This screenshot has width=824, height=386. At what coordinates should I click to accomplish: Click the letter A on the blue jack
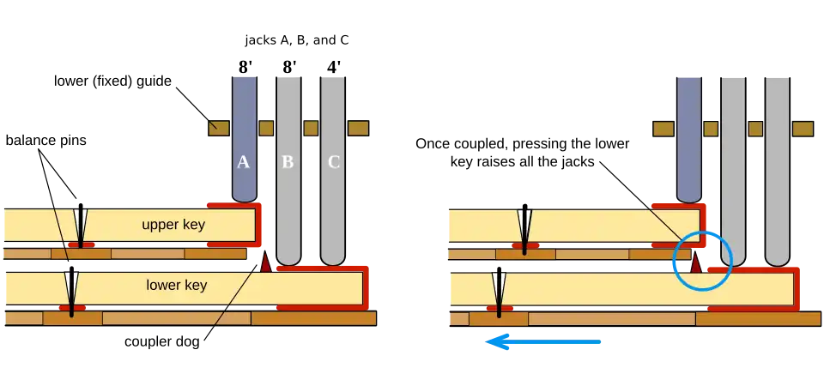(x=243, y=162)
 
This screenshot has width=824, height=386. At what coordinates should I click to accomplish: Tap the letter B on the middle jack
(x=288, y=162)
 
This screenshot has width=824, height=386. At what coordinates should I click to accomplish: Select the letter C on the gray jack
(x=333, y=162)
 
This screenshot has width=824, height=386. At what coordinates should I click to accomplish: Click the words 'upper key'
(x=174, y=225)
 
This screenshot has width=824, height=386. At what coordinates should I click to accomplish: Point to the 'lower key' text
(x=176, y=285)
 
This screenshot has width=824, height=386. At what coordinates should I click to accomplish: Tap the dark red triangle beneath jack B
(x=266, y=263)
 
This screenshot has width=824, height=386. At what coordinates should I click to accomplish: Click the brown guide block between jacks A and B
(x=266, y=128)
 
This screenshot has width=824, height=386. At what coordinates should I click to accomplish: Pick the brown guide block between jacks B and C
(x=310, y=128)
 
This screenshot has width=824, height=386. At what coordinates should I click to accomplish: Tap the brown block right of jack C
(x=358, y=128)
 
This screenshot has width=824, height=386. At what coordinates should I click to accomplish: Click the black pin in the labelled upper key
(x=80, y=226)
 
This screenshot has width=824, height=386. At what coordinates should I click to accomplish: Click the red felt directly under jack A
(x=232, y=206)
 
